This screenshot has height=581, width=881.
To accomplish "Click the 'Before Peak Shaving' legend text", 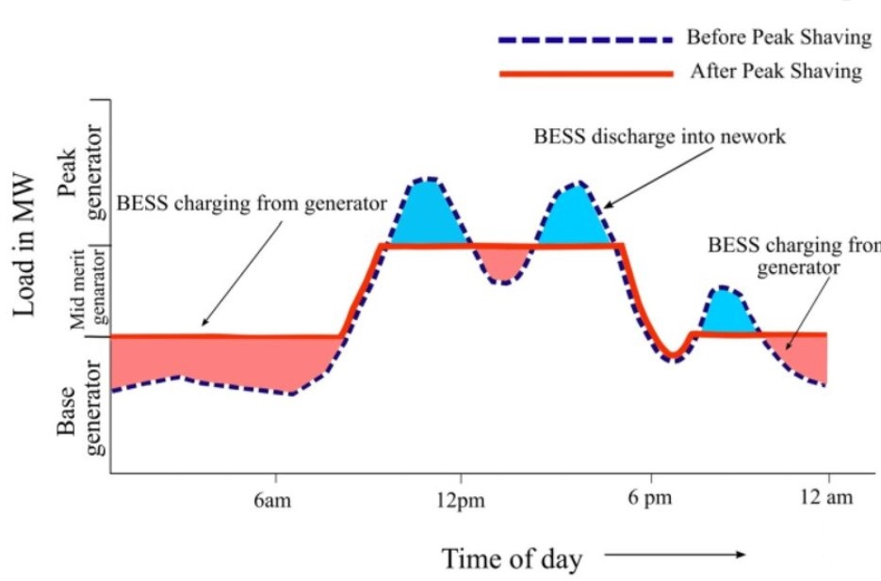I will coord(778,39).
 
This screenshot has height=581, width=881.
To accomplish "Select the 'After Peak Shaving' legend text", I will coord(775,72).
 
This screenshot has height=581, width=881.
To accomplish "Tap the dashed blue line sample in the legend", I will coord(585,40).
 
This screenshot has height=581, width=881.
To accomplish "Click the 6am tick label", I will coord(271,500).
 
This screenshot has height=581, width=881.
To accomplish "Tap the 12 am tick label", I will coord(827,499).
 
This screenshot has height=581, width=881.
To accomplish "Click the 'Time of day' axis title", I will coord(513,557).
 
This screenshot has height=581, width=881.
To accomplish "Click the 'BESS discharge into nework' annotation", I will coord(660,137).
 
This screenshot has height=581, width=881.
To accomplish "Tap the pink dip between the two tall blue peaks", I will coord(505,262).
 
